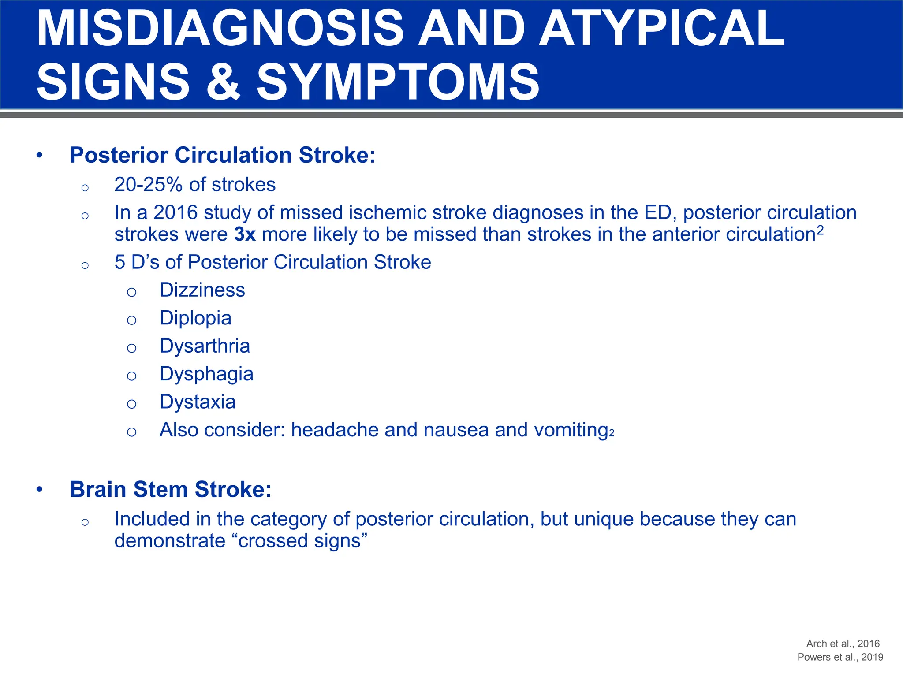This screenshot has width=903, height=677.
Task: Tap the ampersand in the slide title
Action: [224, 82]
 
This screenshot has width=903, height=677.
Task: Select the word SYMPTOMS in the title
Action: [398, 82]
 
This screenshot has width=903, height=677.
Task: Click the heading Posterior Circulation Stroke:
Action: [222, 155]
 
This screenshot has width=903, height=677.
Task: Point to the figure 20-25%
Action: [148, 185]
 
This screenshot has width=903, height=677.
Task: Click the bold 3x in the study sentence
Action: [245, 234]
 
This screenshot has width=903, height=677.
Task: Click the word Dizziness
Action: [202, 290]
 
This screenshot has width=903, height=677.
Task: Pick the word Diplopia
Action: [195, 318]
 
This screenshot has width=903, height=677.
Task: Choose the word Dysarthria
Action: [205, 346]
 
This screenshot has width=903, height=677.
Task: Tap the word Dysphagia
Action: [206, 374]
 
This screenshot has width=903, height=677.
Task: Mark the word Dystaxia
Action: [198, 402]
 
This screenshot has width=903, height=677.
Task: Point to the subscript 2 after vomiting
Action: [612, 434]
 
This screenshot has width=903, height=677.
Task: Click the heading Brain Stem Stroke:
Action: [170, 489]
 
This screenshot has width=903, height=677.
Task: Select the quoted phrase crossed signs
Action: [302, 541]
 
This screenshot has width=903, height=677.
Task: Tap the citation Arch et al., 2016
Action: [843, 644]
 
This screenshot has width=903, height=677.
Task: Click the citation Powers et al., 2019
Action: [840, 657]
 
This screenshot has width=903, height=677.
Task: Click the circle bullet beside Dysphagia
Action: [131, 376]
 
